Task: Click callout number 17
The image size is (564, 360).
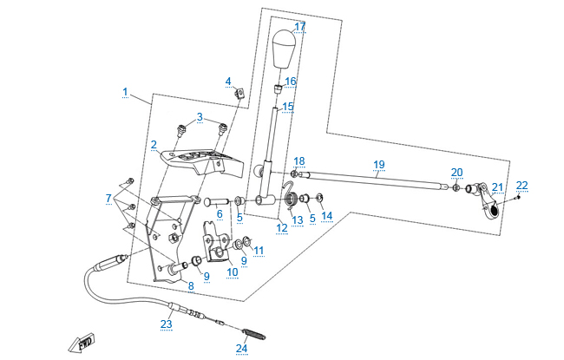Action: click(300, 27)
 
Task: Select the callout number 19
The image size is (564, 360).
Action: click(378, 164)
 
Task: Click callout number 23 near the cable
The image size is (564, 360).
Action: click(166, 324)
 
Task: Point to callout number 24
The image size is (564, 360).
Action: click(241, 349)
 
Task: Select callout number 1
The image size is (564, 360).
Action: click(125, 91)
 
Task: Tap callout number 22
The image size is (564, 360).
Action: click(521, 185)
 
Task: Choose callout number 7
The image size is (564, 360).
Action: click(109, 199)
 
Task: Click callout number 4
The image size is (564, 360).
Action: click(228, 82)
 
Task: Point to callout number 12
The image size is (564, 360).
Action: click(281, 227)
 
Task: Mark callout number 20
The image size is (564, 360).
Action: click(456, 172)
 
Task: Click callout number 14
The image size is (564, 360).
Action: click(326, 215)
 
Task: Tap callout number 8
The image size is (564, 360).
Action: click(191, 285)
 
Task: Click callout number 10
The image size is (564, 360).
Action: click(232, 272)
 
